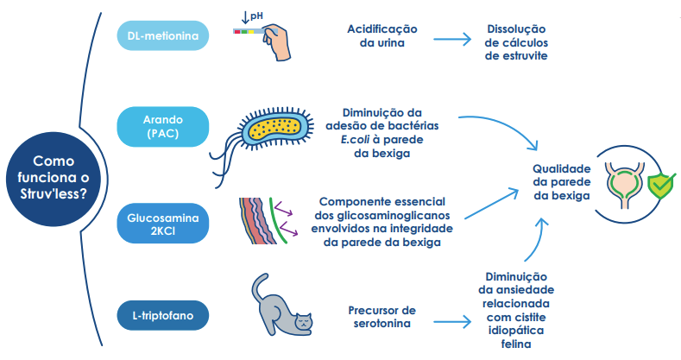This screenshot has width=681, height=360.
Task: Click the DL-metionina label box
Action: pos(163,36)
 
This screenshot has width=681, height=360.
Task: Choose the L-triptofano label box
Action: pos(163,315)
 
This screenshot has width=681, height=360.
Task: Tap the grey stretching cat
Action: pos(281,312)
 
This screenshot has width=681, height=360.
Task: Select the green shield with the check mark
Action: pos(660,183)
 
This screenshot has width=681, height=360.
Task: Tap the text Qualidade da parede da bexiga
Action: pos(561,182)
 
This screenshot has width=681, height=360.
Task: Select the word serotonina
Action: pos(381,325)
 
